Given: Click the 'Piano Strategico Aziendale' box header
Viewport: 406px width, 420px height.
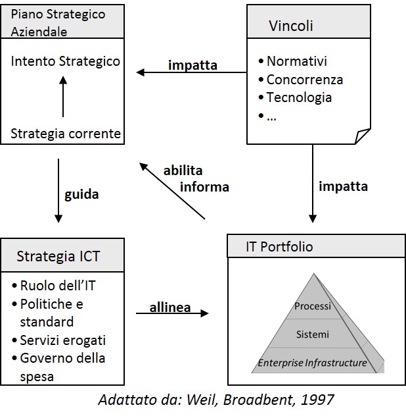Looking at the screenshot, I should pos(62,22).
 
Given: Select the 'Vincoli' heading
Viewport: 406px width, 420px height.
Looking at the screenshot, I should pos(290,26).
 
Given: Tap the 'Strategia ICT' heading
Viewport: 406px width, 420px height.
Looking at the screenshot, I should pos(58,256).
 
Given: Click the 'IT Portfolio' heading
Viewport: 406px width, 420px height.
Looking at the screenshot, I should pos(279,247).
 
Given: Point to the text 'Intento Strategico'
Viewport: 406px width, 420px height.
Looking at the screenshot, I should pos(66,61).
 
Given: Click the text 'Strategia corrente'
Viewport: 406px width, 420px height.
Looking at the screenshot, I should pos(66,134).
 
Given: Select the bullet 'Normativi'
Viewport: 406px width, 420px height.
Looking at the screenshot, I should pos(296,61).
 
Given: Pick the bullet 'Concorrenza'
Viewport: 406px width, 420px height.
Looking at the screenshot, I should pos(304,80).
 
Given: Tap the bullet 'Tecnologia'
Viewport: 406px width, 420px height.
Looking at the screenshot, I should pos(299,97).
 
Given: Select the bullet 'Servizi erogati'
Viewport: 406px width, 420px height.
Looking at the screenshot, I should pos(62,340).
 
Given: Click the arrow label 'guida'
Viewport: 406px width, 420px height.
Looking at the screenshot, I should pos(81,194).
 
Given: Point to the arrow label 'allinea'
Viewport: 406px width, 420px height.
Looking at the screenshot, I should pos(169,308).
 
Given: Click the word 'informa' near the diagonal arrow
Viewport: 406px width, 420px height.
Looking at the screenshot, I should pos(204,187).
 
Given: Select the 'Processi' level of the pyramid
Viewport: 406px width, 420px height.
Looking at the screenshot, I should pos(312,306).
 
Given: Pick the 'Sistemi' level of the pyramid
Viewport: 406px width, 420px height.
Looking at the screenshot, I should pos(312,334).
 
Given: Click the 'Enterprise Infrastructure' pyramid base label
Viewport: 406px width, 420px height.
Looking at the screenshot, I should pos(312,362).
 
